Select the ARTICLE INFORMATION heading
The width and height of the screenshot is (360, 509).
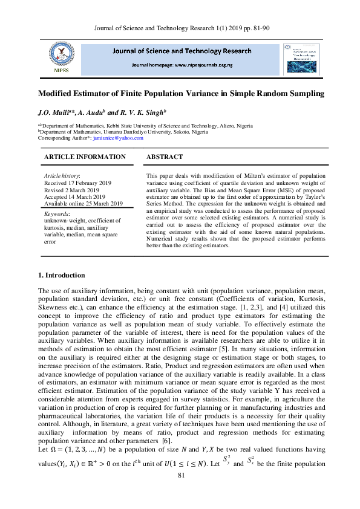click(x=85, y=157)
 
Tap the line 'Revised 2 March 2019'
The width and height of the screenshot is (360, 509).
click(x=71, y=189)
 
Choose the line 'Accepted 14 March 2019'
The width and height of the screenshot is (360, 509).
click(x=75, y=196)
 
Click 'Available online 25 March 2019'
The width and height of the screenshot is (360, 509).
click(x=83, y=204)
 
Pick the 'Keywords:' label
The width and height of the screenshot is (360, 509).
click(x=57, y=214)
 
